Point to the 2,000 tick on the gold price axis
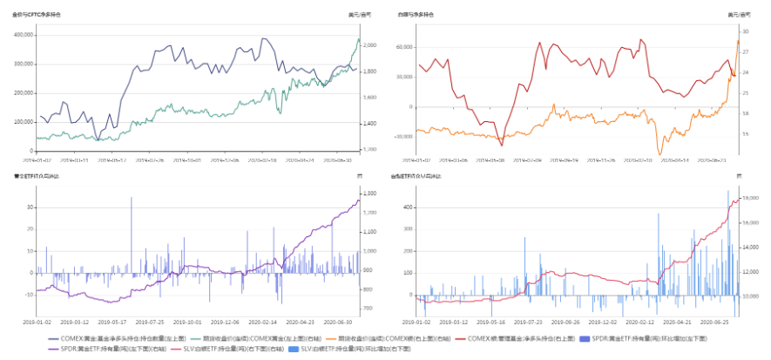point(370,45)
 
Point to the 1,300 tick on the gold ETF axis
point(369,193)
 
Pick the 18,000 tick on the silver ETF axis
point(748,199)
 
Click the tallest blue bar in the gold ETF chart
point(132,199)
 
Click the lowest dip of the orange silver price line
point(659,154)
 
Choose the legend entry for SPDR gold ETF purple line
point(84,349)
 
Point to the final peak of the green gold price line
point(358,39)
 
